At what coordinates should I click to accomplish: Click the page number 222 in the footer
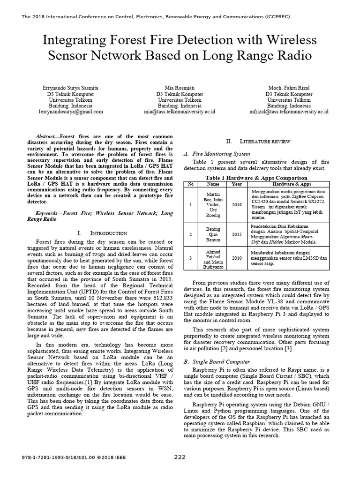click(180, 457)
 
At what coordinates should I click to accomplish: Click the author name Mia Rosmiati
click(180, 88)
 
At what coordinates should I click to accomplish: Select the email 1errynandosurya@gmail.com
click(70, 112)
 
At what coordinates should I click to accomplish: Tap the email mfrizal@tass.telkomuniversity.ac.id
click(289, 112)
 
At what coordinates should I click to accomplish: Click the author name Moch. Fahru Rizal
click(289, 88)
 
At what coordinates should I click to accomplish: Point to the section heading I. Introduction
click(102, 233)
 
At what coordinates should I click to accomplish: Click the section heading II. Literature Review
click(258, 141)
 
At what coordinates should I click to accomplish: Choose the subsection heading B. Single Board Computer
click(217, 361)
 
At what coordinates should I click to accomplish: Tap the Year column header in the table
click(236, 184)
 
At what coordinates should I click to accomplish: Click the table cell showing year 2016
click(236, 204)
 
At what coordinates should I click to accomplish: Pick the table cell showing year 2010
click(236, 257)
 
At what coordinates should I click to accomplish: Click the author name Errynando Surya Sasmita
click(70, 88)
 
